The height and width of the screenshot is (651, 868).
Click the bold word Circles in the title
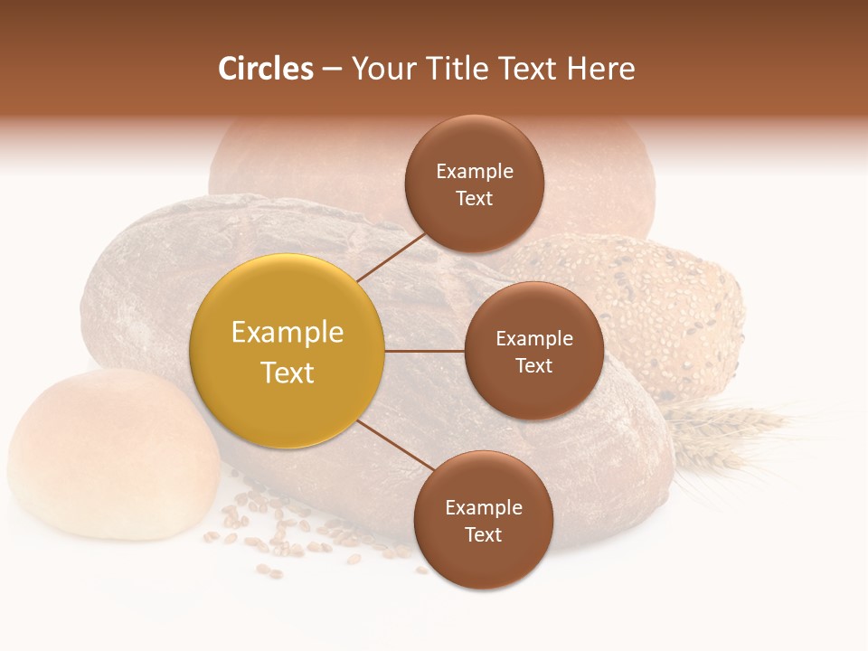[x=265, y=69]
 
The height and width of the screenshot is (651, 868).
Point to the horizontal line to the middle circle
[x=424, y=351]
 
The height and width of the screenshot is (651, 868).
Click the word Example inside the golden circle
[x=288, y=333]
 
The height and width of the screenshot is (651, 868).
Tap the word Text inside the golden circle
[x=288, y=373]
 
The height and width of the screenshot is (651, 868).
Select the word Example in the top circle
[x=474, y=172]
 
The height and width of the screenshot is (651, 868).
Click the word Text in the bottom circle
[x=483, y=535]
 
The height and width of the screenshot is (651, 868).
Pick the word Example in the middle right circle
[x=533, y=339]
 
